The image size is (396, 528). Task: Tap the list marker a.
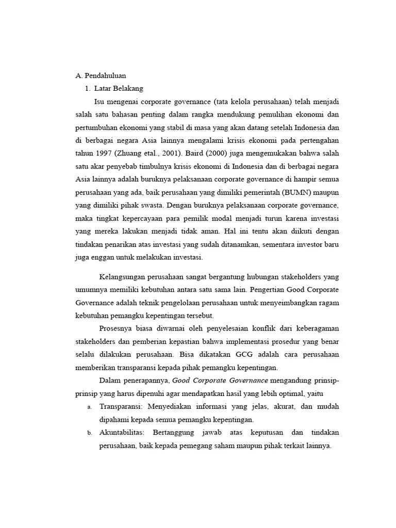point(89,407)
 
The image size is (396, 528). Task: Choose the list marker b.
point(89,433)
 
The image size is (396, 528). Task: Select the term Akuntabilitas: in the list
point(123,432)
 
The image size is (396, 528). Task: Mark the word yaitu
point(312,393)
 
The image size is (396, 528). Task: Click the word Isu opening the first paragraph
point(100,101)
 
